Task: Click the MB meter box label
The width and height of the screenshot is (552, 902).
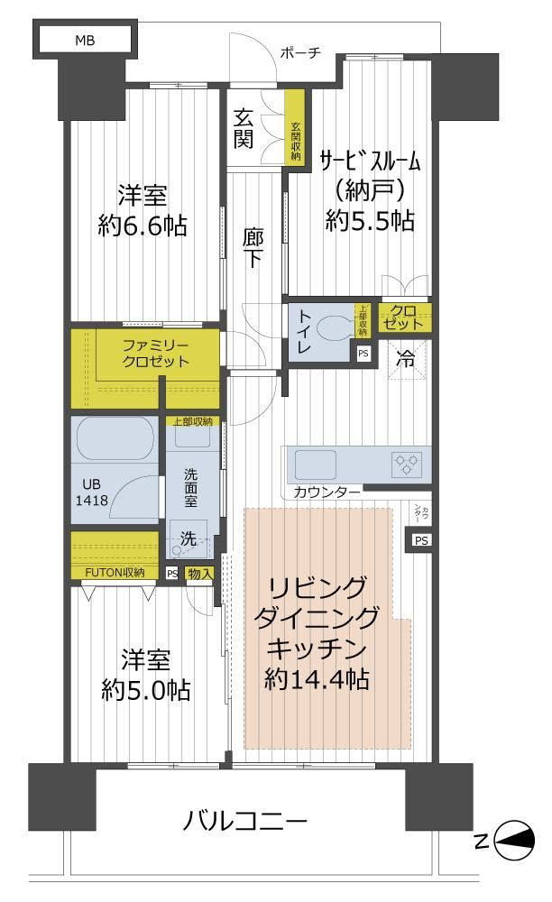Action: click(85, 41)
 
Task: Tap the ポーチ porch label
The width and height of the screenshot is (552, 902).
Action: click(299, 53)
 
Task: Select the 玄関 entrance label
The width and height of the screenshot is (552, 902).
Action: click(244, 129)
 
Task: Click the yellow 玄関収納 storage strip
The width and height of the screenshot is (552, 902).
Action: click(296, 128)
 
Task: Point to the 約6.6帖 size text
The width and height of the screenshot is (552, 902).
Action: click(142, 225)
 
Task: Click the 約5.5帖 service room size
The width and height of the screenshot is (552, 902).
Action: click(369, 220)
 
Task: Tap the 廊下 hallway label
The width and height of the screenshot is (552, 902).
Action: click(253, 248)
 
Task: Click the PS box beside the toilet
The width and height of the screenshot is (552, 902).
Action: click(363, 354)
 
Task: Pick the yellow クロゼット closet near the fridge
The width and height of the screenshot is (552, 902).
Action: click(404, 318)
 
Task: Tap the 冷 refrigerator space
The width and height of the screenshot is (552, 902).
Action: click(406, 360)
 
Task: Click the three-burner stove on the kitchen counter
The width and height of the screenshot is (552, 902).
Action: click(408, 464)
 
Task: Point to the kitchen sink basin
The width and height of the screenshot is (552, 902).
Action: click(315, 465)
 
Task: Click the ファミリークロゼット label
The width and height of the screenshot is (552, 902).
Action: click(155, 354)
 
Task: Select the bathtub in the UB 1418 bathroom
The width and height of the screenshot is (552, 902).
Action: click(114, 437)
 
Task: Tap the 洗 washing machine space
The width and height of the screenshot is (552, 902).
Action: click(189, 539)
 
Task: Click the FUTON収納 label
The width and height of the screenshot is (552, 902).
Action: click(114, 573)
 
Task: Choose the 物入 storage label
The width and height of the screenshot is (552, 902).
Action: click(200, 574)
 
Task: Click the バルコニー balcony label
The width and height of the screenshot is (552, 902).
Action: click(245, 821)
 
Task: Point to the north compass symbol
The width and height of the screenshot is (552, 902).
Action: click(514, 840)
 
